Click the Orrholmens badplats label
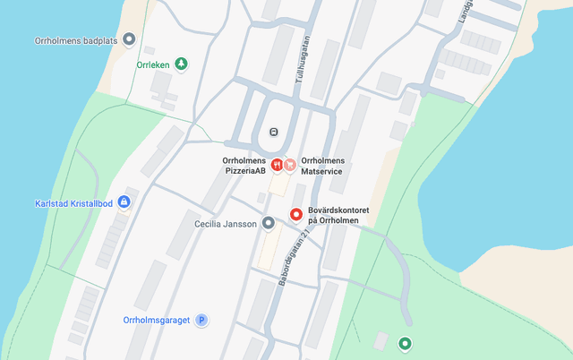[76, 39]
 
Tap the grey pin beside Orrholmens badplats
[129, 39]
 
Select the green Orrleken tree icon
[182, 64]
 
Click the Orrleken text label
[154, 64]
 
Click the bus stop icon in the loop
[273, 133]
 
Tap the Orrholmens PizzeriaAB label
[244, 165]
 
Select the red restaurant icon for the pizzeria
[277, 165]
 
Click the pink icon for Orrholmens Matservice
[290, 165]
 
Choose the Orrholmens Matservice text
[322, 165]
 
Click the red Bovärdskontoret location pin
[295, 214]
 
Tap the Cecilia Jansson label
[227, 223]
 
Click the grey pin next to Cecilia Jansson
[268, 223]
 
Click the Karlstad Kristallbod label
[73, 202]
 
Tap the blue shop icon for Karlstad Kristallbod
[124, 201]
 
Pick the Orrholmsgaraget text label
[157, 320]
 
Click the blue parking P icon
[202, 320]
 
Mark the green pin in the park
[405, 343]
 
